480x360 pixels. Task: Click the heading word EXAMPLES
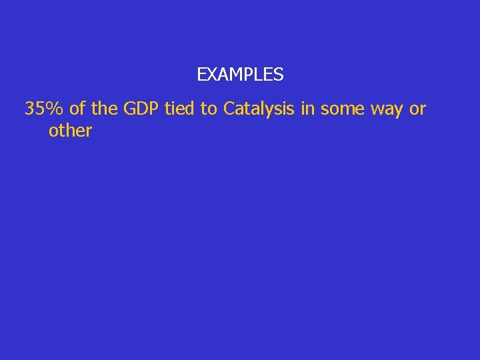click(x=240, y=75)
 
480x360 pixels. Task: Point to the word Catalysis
click(x=259, y=109)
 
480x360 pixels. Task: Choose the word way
click(x=387, y=109)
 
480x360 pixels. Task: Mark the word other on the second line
click(x=70, y=131)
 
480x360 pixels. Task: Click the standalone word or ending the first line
click(x=418, y=109)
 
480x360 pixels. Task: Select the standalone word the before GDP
click(x=105, y=109)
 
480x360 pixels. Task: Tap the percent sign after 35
click(x=55, y=109)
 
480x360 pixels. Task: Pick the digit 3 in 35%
click(x=30, y=109)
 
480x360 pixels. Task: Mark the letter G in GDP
click(x=130, y=109)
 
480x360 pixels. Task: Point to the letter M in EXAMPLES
click(x=233, y=75)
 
